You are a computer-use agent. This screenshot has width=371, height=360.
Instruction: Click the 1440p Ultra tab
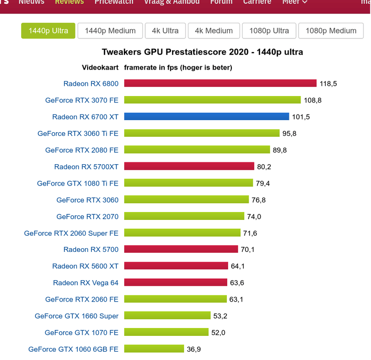[48, 31]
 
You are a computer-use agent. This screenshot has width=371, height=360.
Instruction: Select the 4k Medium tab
[213, 31]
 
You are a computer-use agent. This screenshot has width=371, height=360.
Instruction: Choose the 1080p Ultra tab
[269, 31]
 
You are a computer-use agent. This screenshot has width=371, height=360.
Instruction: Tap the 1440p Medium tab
[110, 31]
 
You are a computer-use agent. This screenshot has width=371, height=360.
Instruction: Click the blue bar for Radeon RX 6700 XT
[207, 117]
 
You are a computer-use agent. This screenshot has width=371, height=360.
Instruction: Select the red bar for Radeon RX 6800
[220, 84]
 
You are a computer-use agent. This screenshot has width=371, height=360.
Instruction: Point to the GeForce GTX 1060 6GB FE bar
[154, 349]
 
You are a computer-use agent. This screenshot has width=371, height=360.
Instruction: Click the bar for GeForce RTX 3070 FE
[212, 100]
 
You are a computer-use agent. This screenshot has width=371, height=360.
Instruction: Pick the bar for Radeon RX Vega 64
[176, 283]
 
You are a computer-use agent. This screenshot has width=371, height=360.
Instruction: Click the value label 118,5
[328, 84]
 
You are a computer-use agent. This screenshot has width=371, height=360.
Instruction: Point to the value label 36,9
[193, 349]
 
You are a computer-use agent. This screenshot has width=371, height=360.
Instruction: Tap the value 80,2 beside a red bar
[263, 167]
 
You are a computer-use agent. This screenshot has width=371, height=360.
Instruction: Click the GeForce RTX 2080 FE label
[82, 150]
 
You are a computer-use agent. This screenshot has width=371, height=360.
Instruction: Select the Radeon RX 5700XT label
[86, 167]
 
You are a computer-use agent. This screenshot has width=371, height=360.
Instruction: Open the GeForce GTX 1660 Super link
[77, 316]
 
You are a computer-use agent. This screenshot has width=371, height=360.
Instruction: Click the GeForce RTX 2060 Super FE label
[71, 233]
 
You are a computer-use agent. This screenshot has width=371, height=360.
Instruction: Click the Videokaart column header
[100, 68]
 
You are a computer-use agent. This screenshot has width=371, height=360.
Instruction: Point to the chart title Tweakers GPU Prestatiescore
[202, 52]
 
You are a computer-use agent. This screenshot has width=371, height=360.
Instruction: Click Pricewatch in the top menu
[114, 2]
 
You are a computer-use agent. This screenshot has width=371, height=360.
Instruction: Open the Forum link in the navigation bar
[221, 2]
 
